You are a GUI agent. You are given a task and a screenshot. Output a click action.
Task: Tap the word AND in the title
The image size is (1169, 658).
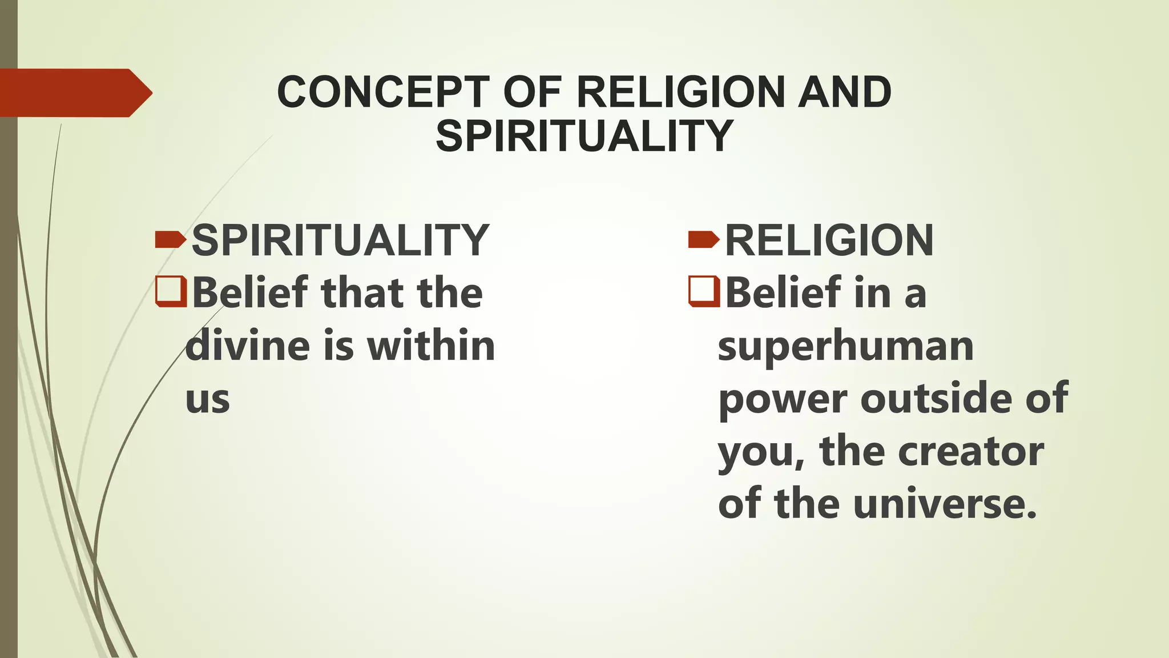tap(844, 93)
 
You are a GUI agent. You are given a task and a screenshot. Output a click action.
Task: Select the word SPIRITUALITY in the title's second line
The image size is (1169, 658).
tap(584, 136)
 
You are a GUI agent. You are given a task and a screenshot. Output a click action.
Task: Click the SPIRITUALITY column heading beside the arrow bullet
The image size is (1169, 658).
tap(340, 240)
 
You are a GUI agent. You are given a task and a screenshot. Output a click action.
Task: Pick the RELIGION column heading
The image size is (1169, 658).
tap(829, 240)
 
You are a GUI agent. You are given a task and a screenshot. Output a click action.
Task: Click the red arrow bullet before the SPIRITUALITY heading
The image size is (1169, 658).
tap(170, 240)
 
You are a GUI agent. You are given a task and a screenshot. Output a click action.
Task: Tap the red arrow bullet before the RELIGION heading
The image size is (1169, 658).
tap(704, 240)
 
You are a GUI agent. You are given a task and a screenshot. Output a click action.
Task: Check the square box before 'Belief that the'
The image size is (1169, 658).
tap(171, 291)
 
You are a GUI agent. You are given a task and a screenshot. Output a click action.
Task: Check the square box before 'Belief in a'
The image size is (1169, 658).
tap(704, 291)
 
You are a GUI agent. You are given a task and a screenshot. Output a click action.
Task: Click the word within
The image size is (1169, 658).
tap(431, 346)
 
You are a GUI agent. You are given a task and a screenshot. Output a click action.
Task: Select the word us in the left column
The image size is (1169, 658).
tap(208, 399)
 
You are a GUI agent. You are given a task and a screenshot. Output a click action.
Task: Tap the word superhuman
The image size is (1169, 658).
tap(845, 346)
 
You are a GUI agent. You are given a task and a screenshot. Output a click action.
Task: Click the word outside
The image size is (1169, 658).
tap(937, 398)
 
